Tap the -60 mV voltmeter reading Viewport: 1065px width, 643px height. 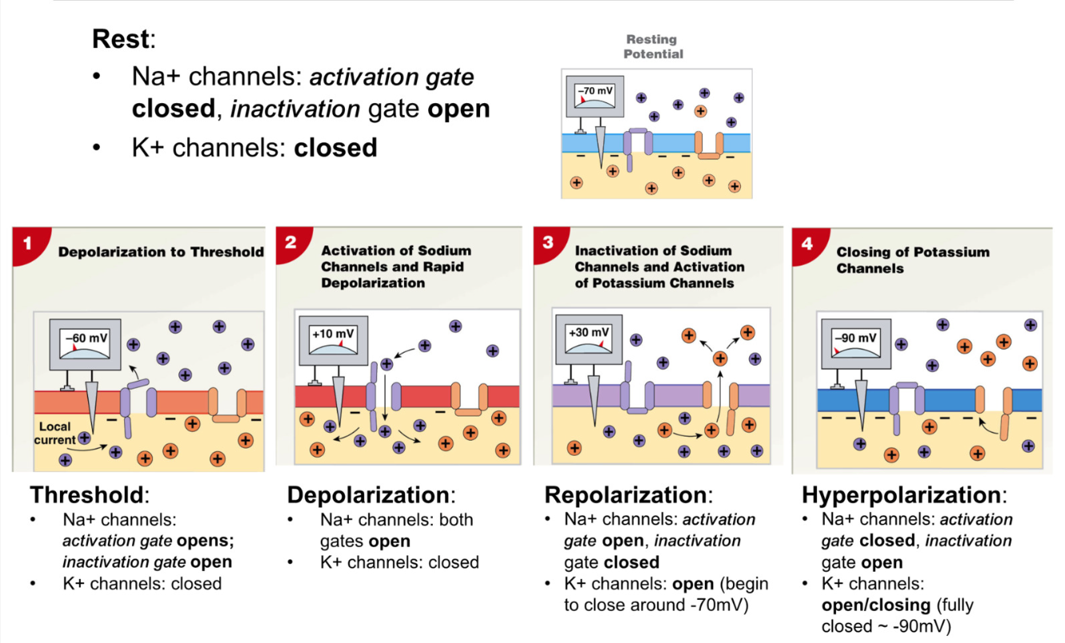pos(83,337)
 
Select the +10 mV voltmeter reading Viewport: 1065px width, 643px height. pos(333,333)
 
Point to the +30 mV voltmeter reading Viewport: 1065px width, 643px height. pos(589,333)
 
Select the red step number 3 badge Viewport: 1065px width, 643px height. pos(548,242)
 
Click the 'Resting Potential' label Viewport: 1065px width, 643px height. pos(653,46)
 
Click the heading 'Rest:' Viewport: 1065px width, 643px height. pos(123,38)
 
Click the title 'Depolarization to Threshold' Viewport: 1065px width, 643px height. pos(161,252)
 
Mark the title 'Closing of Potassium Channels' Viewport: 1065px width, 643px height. pos(912,260)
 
